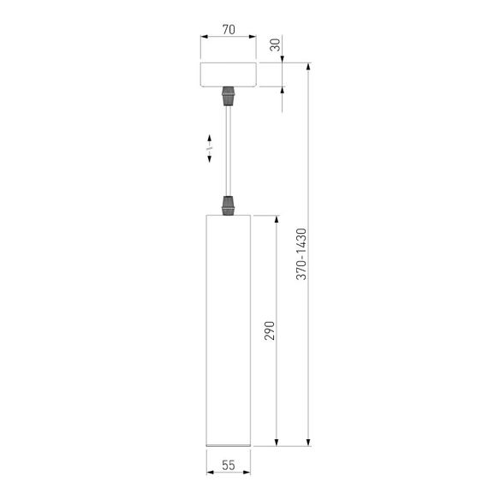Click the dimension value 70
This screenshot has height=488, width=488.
point(229,29)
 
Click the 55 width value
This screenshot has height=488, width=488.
point(229,466)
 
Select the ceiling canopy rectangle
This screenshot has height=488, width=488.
point(229,74)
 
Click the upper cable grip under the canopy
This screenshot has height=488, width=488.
point(229,95)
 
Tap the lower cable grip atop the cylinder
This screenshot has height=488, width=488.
point(229,205)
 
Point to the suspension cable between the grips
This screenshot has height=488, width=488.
point(229,150)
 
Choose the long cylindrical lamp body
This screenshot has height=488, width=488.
point(229,330)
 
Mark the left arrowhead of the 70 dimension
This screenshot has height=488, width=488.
point(203,38)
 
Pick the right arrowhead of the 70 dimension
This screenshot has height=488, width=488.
point(254,38)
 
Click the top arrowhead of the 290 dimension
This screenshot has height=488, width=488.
point(277,219)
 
